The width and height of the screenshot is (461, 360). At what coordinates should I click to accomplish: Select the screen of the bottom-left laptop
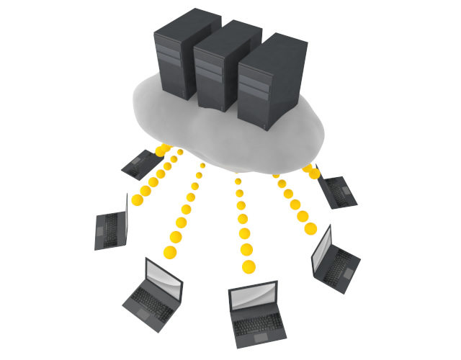click(x=164, y=274)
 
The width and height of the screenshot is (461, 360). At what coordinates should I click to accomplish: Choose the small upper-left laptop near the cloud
click(x=140, y=164)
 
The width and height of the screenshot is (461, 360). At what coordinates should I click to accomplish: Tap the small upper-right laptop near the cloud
click(x=334, y=189)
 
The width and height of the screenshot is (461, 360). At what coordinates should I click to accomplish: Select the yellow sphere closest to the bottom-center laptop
click(x=249, y=267)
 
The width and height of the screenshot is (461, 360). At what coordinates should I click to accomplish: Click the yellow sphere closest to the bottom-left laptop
click(x=171, y=252)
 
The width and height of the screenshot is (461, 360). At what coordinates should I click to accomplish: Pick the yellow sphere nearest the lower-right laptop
click(x=310, y=228)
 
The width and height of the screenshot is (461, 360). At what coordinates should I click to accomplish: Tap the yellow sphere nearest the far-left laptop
click(x=137, y=198)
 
